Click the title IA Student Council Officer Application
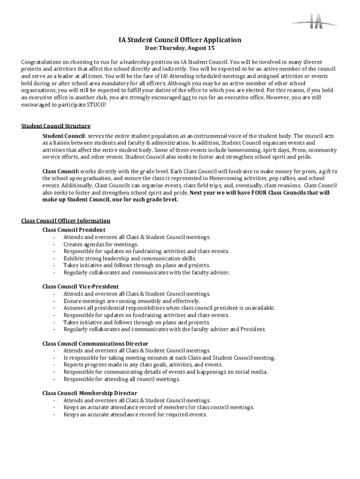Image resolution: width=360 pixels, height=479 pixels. (x=180, y=40)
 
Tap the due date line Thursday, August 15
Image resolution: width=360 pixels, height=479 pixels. (x=180, y=48)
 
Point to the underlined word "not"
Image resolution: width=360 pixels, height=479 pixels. (x=186, y=98)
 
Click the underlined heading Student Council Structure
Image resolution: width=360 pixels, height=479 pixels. (x=56, y=126)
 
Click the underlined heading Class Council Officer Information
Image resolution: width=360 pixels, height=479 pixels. (x=66, y=221)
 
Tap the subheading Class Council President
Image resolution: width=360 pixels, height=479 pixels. (x=74, y=230)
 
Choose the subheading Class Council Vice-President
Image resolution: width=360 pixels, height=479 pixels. (x=80, y=286)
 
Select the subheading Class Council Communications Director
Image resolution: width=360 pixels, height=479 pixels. (x=95, y=344)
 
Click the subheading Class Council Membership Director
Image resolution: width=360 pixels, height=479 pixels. (x=90, y=393)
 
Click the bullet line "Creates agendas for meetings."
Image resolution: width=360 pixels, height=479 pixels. (x=101, y=244)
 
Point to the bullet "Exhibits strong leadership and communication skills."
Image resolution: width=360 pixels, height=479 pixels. (x=130, y=258)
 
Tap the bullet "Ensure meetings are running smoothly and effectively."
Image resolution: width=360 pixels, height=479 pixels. (x=132, y=301)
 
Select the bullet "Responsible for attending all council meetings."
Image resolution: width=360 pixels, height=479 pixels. (x=122, y=379)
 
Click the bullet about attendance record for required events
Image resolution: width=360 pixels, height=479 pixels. (x=135, y=414)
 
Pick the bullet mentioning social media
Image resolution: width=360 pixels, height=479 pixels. (x=166, y=372)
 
